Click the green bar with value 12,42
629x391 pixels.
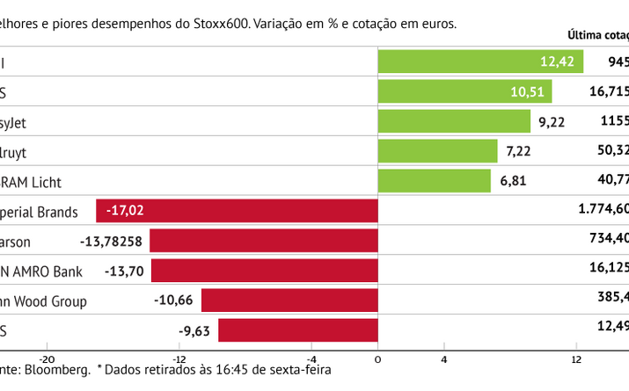(x=479, y=62)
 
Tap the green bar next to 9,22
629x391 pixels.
(x=454, y=122)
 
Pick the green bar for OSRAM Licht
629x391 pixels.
(x=434, y=181)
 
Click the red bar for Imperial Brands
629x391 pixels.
(x=237, y=211)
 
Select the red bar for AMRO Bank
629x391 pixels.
(x=264, y=271)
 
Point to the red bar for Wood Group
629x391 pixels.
(x=289, y=300)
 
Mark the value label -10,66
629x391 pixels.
(x=173, y=300)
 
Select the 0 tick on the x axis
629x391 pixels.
(x=377, y=358)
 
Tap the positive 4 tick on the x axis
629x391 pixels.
(x=443, y=358)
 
